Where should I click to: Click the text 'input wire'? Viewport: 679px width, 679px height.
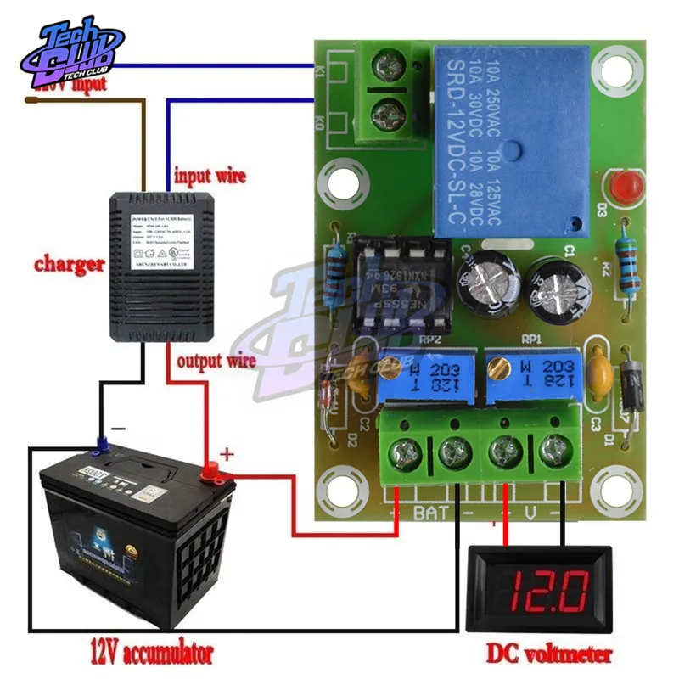pos(210,177)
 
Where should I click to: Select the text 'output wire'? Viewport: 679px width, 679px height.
pos(216,362)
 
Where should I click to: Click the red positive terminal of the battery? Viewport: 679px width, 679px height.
pos(208,468)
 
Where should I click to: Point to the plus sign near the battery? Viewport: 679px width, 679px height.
pos(227,454)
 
